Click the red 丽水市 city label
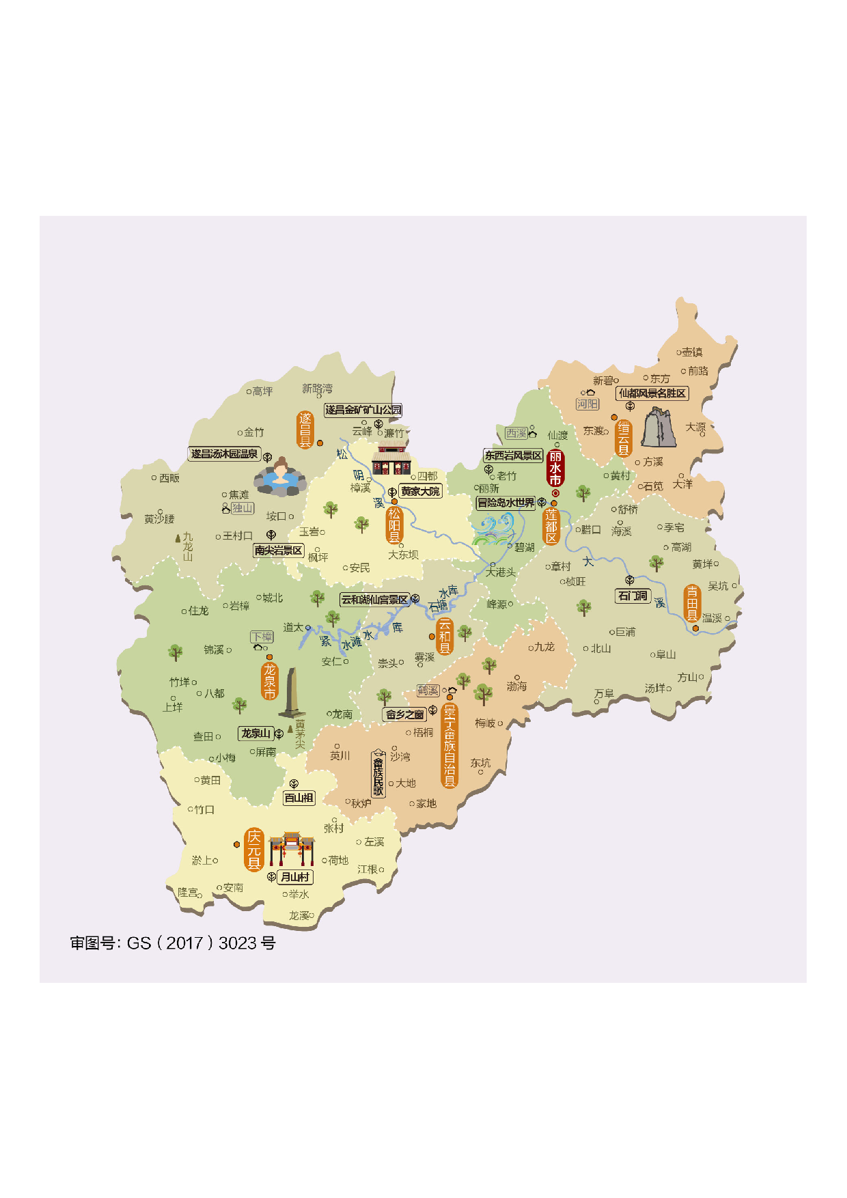555,468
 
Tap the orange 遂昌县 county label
305,430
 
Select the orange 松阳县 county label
394,525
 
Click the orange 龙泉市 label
270,681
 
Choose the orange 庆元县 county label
254,850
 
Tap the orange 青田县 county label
692,602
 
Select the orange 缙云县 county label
624,438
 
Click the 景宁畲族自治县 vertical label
449,746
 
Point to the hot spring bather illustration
280,477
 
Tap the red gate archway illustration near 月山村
292,848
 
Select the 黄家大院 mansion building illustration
391,458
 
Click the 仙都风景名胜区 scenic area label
652,393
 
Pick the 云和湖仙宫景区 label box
374,600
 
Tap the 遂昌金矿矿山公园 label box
363,410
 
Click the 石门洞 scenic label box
633,596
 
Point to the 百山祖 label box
298,798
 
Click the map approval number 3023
238,943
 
